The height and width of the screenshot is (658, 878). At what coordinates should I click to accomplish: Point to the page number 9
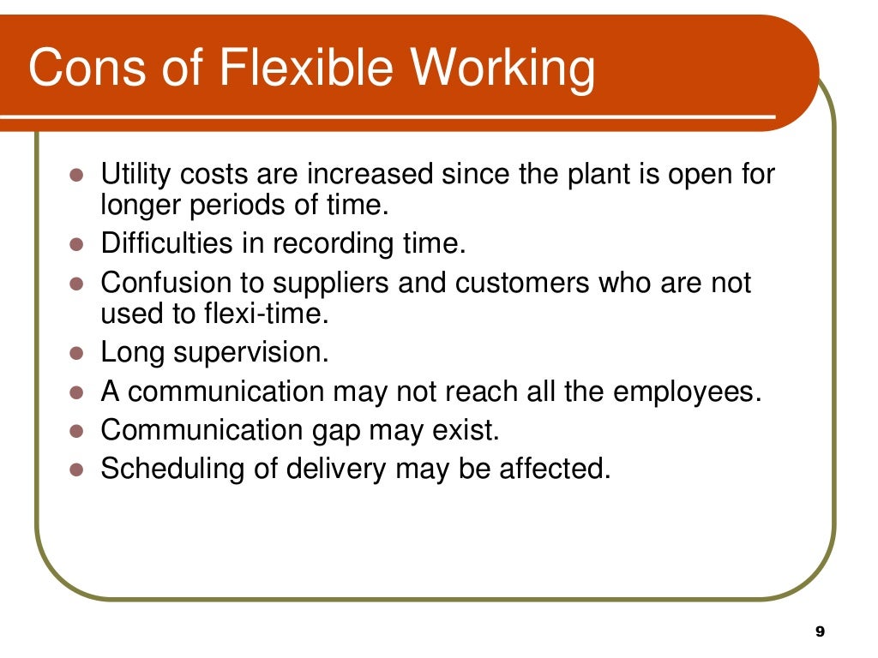(819, 631)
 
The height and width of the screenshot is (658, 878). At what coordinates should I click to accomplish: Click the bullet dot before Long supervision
(75, 352)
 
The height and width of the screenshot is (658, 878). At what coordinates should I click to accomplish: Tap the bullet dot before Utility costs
(75, 176)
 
